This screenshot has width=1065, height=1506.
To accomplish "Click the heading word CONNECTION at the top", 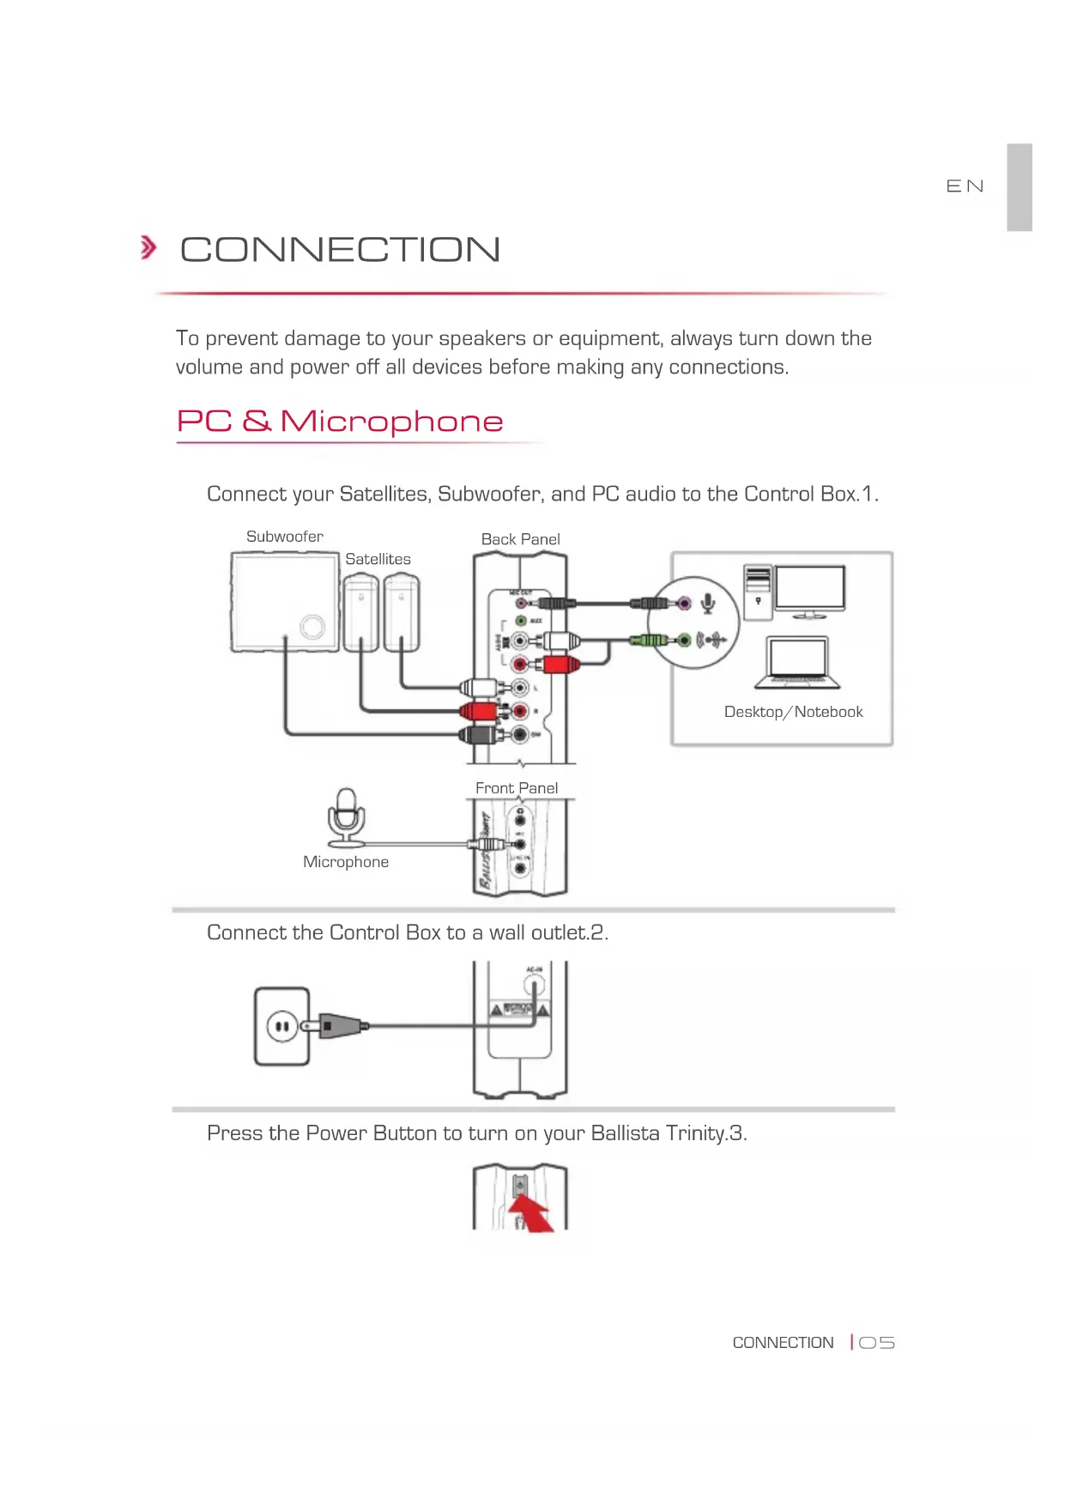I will coord(340,250).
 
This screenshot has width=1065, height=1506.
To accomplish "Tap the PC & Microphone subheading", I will coord(340,421).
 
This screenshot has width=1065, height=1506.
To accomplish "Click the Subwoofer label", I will coord(285,537).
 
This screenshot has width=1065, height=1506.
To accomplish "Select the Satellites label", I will coord(378,559).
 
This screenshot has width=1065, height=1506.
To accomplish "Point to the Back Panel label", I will coord(520,539).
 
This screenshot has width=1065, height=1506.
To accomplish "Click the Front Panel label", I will coord(517,788).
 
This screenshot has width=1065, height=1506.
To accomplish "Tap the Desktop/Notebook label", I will coord(793,712).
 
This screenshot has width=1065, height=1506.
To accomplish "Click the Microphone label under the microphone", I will coord(346,862).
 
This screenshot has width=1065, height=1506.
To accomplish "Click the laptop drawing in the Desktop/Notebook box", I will coord(797,663).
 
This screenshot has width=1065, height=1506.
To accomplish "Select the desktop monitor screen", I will coord(810,588).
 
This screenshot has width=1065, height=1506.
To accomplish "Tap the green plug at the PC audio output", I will coord(649,640).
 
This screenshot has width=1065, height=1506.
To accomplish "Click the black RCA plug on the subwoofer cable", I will coord(477,735).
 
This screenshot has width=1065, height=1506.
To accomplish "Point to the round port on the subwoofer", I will coord(312,627).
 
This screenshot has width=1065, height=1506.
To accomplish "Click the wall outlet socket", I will coord(281,1026).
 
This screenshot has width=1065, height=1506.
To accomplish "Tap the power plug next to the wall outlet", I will coord(340,1025).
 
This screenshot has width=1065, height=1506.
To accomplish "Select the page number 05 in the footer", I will coord(876,1343).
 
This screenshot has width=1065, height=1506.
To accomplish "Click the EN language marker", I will coord(965,186).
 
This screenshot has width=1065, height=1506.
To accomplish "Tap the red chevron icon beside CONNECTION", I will coord(148,248).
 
